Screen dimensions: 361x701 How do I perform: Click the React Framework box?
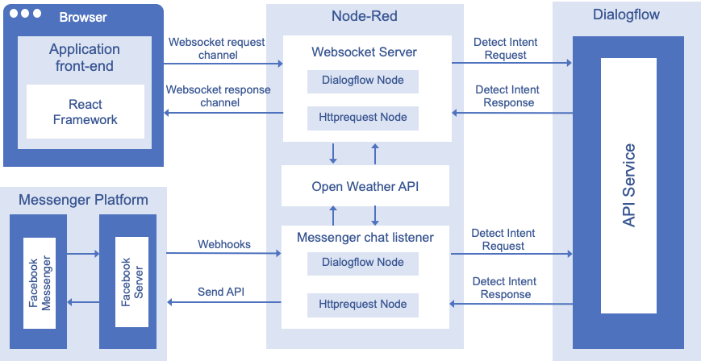(85, 112)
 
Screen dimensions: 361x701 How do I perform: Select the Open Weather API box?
(365, 186)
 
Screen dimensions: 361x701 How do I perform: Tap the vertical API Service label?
(630, 185)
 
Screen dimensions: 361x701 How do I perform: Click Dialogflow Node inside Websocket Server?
(364, 81)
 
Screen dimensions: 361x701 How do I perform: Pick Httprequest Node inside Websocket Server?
(364, 118)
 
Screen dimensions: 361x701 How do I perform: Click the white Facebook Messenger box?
(40, 283)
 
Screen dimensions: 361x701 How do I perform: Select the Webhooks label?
(224, 243)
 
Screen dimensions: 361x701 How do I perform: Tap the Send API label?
(221, 291)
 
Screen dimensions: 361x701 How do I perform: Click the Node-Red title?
(364, 16)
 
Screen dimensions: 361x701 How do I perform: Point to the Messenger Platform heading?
(83, 200)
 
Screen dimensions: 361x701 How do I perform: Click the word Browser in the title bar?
(82, 16)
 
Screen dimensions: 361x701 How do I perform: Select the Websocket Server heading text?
(364, 52)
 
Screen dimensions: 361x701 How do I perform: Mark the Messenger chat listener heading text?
(365, 237)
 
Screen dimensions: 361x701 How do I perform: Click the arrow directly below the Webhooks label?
(223, 254)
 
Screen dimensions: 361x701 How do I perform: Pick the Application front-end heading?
(85, 57)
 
